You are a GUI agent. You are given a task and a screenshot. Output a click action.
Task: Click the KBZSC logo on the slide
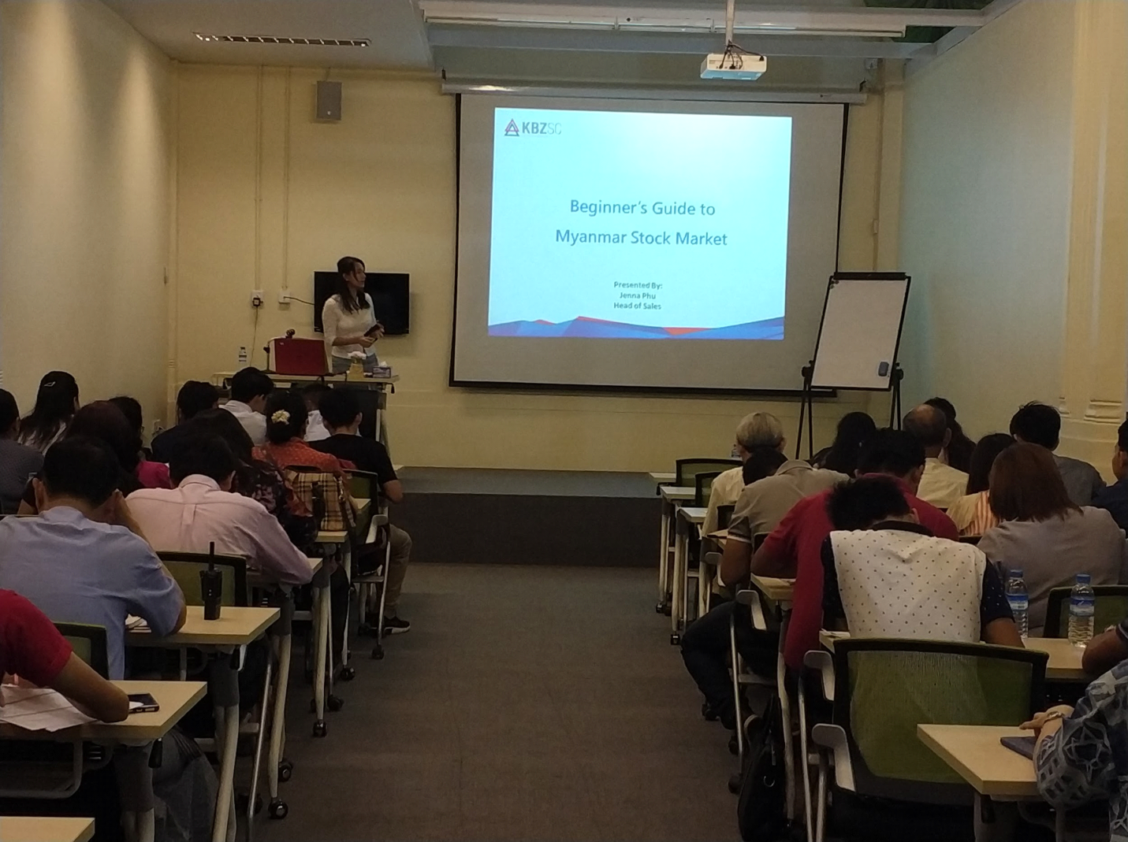532,128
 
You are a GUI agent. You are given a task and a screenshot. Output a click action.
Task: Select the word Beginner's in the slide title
607,207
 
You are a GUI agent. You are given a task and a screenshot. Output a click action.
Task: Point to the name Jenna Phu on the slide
637,295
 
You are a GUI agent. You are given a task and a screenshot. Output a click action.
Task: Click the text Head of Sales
637,306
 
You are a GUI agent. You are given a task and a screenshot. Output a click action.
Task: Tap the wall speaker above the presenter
329,101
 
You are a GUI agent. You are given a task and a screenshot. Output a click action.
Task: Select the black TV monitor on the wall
362,302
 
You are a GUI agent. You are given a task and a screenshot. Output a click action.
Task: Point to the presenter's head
352,273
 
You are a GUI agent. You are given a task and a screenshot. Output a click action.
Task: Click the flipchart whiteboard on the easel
859,332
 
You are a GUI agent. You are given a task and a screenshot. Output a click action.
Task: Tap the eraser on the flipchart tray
884,369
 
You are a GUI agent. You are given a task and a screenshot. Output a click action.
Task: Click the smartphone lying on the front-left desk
143,701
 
